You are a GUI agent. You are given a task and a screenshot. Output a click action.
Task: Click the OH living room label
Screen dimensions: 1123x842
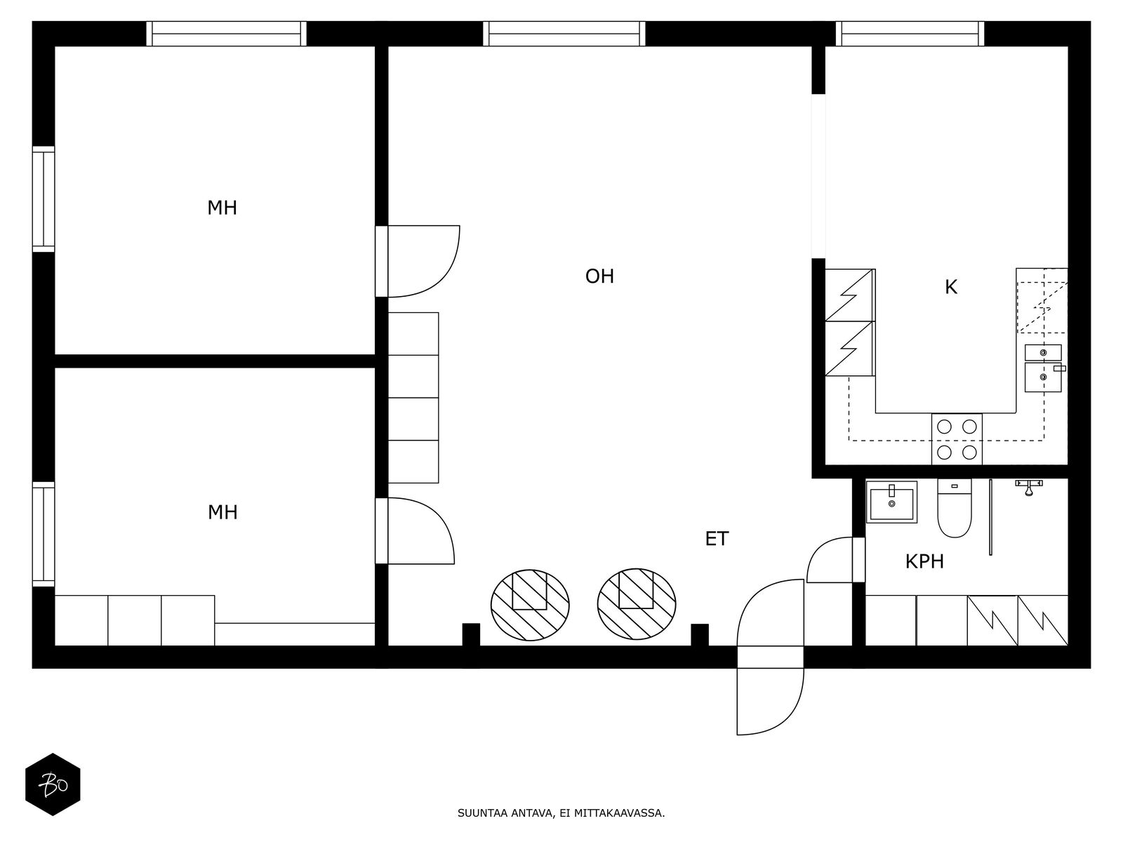[599, 276]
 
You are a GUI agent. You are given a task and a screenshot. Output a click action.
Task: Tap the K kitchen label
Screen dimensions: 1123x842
[950, 287]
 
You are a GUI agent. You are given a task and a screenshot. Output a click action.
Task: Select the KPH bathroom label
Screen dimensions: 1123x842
[924, 562]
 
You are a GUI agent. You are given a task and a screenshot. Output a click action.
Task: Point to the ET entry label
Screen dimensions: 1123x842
[717, 539]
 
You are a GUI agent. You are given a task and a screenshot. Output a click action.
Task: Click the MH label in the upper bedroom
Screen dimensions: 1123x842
[222, 208]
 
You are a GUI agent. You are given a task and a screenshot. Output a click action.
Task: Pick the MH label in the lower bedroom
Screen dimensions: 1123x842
[222, 512]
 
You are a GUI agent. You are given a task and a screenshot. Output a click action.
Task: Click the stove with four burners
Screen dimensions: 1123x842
[957, 439]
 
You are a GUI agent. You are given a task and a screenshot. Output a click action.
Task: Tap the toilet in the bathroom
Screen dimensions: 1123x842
[954, 508]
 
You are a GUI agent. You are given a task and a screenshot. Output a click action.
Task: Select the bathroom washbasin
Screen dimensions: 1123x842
[892, 502]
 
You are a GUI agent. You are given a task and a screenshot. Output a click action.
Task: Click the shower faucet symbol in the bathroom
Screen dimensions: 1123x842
[1029, 487]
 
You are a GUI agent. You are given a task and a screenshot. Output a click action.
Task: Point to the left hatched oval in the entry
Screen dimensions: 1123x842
[530, 604]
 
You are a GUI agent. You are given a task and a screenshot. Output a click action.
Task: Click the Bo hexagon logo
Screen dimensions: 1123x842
[53, 784]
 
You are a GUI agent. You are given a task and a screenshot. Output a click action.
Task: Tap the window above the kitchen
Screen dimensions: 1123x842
[910, 34]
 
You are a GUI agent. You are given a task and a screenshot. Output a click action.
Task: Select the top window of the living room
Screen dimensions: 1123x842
[564, 34]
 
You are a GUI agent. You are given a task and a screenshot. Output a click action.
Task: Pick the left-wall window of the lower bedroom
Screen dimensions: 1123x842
[44, 534]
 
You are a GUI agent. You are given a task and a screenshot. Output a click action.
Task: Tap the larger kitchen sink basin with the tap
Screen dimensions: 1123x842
[1043, 377]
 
